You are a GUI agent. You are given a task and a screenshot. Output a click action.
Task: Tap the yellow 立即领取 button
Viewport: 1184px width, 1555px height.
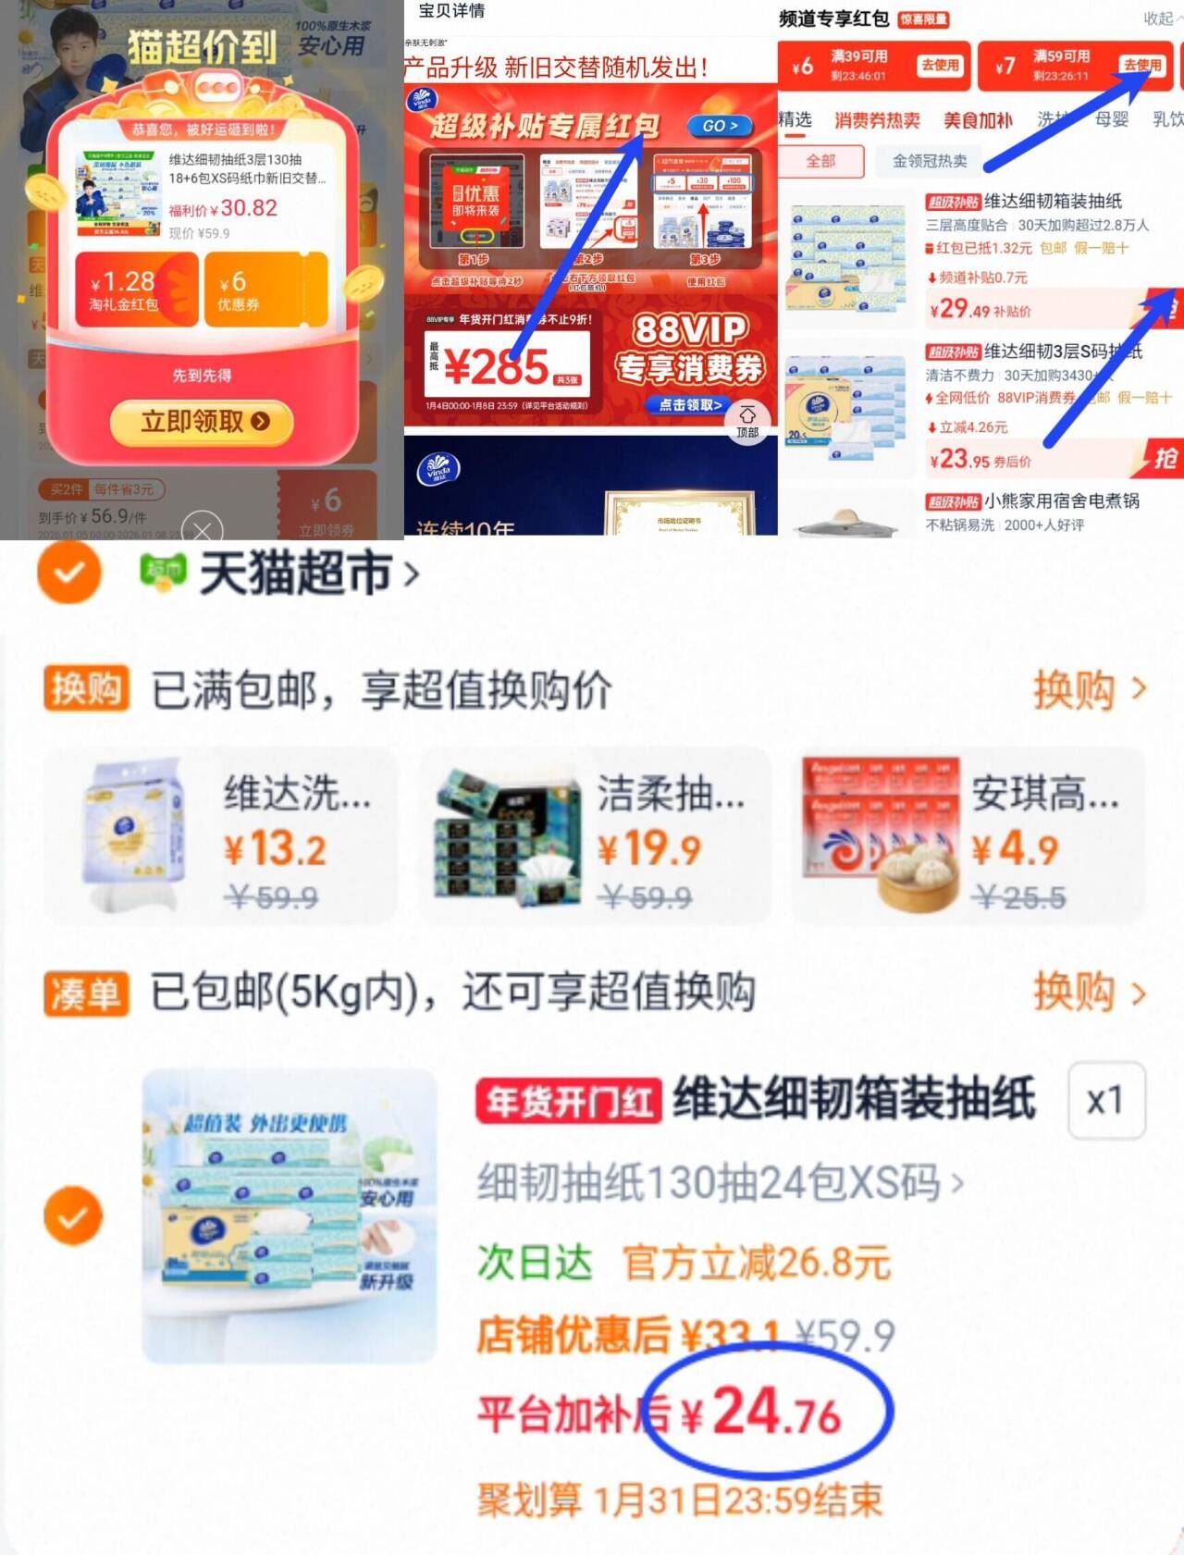point(203,422)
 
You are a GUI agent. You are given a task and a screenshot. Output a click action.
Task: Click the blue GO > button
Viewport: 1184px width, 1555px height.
point(720,126)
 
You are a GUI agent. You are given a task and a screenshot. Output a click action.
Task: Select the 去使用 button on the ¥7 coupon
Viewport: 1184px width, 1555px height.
point(1141,65)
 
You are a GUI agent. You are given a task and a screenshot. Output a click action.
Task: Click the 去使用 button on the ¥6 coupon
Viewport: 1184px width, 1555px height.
point(940,65)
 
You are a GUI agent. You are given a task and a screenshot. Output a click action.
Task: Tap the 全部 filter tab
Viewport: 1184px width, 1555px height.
point(820,161)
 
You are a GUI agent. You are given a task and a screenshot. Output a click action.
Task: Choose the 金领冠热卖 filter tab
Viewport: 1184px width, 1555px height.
point(929,161)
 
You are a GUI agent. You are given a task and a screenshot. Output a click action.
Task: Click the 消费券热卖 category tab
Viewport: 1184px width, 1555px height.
point(877,120)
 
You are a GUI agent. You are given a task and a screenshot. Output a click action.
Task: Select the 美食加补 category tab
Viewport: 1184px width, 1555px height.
point(978,120)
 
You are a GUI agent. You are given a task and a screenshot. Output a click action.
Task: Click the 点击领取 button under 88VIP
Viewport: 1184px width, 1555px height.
point(690,405)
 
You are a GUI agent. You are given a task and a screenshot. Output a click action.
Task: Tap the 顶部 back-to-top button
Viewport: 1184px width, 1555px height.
point(747,421)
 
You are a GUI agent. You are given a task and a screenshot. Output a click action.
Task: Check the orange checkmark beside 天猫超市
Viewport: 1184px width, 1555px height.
point(68,573)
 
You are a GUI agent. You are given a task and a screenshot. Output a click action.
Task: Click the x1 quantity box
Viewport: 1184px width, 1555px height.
point(1105,1101)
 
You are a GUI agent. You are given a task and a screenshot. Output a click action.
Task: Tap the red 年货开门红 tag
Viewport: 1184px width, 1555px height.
point(568,1102)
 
